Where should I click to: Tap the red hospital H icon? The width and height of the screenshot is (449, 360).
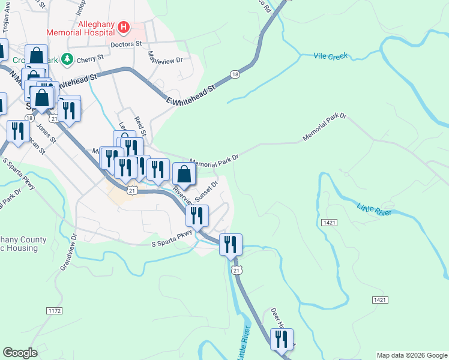(124, 27)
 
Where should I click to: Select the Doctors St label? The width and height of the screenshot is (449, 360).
(126, 44)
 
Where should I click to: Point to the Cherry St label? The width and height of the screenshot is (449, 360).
(91, 59)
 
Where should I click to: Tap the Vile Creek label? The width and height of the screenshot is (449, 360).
(331, 56)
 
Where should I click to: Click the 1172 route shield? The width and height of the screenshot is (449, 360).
(55, 310)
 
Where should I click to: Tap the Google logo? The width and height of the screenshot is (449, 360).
(20, 353)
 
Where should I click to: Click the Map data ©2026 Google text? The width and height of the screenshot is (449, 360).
(412, 355)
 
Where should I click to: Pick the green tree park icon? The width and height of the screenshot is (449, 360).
(68, 59)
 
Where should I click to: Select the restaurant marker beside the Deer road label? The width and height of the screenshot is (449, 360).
(282, 339)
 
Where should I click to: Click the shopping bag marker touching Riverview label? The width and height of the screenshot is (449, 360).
(184, 175)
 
